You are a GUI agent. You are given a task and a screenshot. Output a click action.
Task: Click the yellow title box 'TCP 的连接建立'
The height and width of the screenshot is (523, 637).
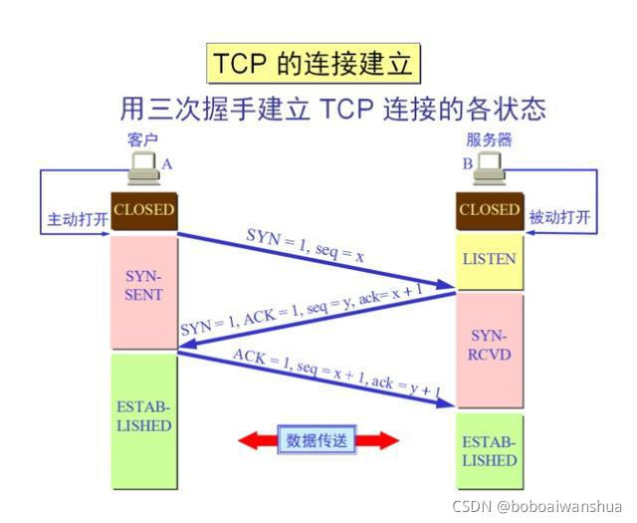tap(313, 64)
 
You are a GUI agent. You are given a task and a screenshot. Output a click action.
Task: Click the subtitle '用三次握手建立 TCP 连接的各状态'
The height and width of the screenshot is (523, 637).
tap(333, 107)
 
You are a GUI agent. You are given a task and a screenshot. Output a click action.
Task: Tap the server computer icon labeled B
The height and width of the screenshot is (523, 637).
tap(489, 169)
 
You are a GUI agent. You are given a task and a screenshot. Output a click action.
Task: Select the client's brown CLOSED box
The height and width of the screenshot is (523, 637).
tap(143, 210)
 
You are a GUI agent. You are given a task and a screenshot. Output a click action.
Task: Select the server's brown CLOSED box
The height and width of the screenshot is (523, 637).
tap(489, 210)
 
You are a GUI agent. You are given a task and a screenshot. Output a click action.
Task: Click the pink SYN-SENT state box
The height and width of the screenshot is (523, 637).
tap(143, 285)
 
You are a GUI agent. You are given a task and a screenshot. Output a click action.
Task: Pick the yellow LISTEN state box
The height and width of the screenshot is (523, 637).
tap(489, 259)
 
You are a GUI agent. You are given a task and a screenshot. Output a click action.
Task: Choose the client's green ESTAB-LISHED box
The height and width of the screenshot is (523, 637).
tap(143, 418)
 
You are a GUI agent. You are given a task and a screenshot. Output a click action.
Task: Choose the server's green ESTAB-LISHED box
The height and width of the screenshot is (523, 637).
tap(489, 451)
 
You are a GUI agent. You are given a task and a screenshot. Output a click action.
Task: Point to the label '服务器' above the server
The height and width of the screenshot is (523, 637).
tap(489, 140)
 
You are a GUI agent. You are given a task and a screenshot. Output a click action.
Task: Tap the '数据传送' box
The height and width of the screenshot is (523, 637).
tap(318, 439)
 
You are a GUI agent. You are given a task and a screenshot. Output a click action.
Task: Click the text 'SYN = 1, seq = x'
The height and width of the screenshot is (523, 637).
tap(306, 244)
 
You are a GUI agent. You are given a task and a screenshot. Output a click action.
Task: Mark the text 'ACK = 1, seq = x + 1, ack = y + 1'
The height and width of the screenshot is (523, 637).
tap(335, 374)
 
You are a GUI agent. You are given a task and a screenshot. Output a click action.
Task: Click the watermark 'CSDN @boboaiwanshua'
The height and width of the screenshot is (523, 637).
tap(537, 506)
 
